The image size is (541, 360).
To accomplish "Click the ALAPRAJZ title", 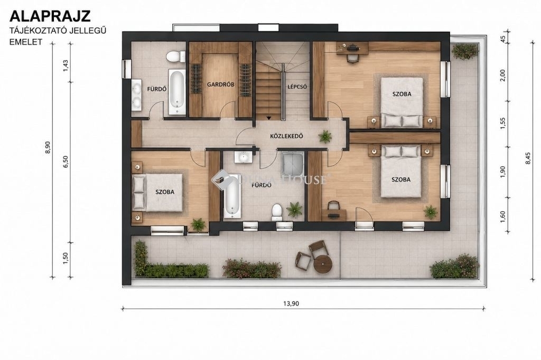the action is [50, 16].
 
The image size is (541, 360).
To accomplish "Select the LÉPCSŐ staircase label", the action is [297, 87].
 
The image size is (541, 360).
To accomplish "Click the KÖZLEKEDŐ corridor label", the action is [286, 136].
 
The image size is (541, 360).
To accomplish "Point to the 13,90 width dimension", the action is [291, 304].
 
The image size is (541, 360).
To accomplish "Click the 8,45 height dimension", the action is [528, 158].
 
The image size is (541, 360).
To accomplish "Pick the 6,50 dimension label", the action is [66, 162].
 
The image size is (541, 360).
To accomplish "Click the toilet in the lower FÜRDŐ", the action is [277, 212].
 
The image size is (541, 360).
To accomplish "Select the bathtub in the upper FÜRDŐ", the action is [177, 92].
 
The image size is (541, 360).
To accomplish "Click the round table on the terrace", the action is [323, 264].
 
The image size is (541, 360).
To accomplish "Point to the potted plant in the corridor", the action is [325, 137].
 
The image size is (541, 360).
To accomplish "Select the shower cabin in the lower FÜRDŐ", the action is [293, 164].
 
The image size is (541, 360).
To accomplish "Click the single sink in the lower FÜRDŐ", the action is [244, 157].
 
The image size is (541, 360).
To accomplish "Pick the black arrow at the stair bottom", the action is [269, 118].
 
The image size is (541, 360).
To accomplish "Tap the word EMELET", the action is [26, 42].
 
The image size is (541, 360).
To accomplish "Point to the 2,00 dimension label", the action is [502, 75].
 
